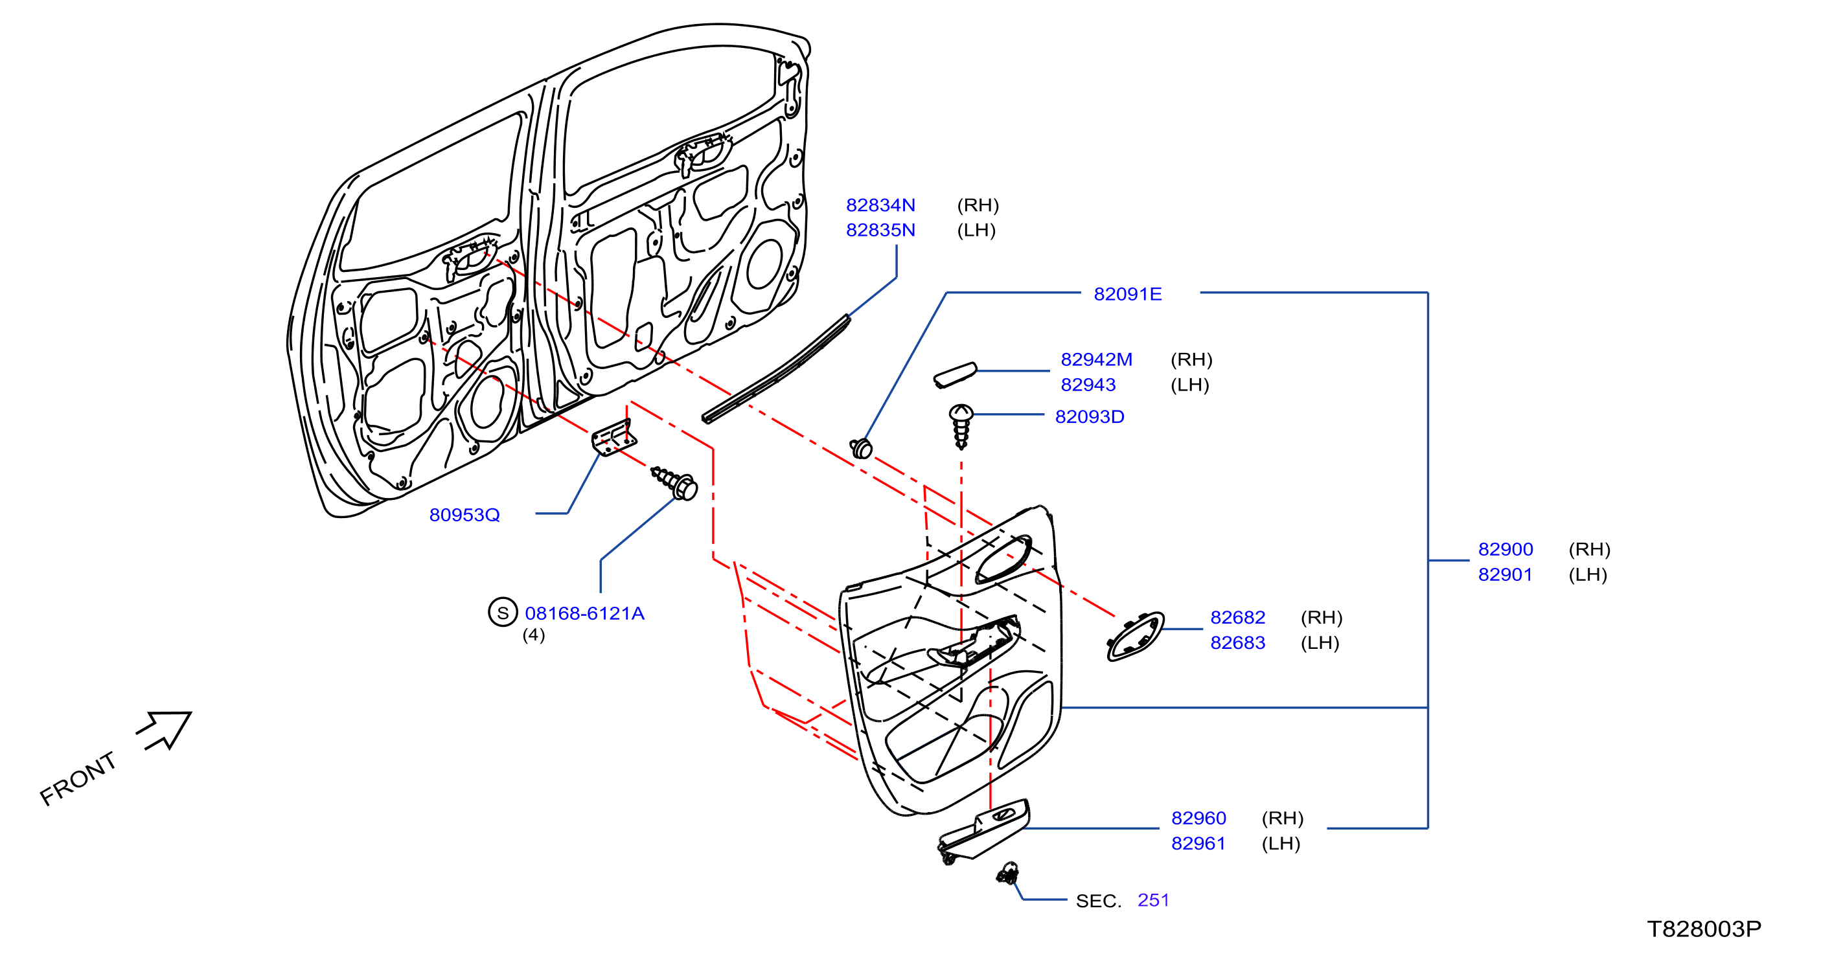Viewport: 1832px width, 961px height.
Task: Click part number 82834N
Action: pos(880,205)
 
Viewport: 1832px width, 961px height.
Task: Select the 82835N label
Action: pos(880,230)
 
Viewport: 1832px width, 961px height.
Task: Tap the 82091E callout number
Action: pos(1127,293)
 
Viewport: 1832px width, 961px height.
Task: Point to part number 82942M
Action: pos(1096,359)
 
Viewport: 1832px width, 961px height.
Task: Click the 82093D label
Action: pos(1090,416)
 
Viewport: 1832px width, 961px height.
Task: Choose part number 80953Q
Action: pos(464,515)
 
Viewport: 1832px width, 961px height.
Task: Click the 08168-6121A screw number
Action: pos(584,613)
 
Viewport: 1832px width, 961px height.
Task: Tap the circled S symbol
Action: pos(503,612)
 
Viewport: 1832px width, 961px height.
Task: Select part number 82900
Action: pos(1506,548)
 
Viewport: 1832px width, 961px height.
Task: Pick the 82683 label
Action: pos(1237,642)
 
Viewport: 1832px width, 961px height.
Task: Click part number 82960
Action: pos(1198,818)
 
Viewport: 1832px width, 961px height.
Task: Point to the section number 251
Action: pos(1154,900)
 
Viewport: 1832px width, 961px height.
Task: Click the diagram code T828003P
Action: pos(1704,929)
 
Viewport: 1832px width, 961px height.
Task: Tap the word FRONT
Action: pos(78,778)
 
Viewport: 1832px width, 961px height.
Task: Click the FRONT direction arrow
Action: pos(165,729)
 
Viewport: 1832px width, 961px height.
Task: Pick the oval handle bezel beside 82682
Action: pos(1135,636)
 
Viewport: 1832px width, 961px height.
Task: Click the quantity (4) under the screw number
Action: pos(533,635)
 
